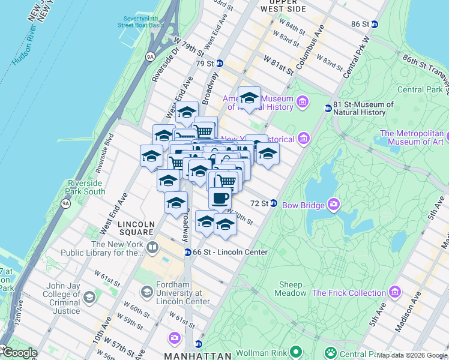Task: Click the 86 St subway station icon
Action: click(375, 24)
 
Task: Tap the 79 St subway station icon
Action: click(220, 64)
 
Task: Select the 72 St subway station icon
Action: click(273, 203)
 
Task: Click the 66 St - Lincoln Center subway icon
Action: click(187, 253)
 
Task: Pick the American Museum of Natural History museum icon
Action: click(302, 103)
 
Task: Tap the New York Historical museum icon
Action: click(304, 139)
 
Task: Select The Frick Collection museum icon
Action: click(394, 293)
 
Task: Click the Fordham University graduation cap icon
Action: click(146, 292)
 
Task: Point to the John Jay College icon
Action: click(89, 298)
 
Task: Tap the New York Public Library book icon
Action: click(152, 248)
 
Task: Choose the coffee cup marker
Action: click(220, 197)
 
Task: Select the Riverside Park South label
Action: click(88, 187)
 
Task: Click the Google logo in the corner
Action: click(19, 353)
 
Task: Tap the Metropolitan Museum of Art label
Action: click(414, 137)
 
